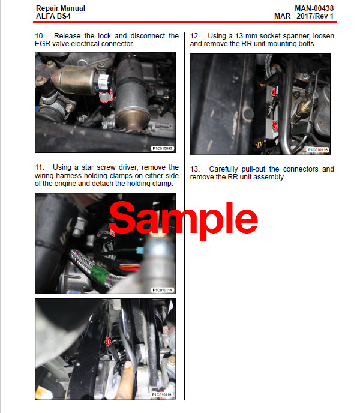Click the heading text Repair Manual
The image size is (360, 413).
(x=61, y=8)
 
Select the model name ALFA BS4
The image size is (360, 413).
(x=53, y=16)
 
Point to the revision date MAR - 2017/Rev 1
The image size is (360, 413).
(x=305, y=16)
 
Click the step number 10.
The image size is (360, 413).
(x=40, y=36)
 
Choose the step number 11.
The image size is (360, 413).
(x=40, y=167)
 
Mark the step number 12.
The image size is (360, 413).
(x=195, y=36)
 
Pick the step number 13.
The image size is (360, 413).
(x=195, y=169)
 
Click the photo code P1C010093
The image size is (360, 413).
(x=161, y=148)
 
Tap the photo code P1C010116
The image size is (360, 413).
(x=317, y=149)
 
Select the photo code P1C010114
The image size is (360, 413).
(x=162, y=289)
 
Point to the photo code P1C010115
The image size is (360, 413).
(x=161, y=394)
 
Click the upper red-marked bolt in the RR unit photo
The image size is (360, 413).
(x=273, y=92)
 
